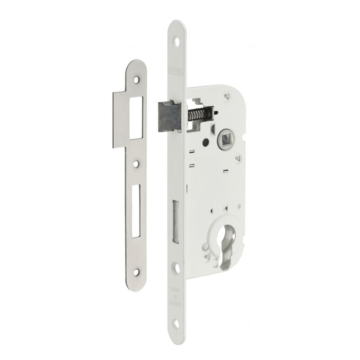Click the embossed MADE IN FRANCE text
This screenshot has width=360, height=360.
pyautogui.click(x=176, y=297)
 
